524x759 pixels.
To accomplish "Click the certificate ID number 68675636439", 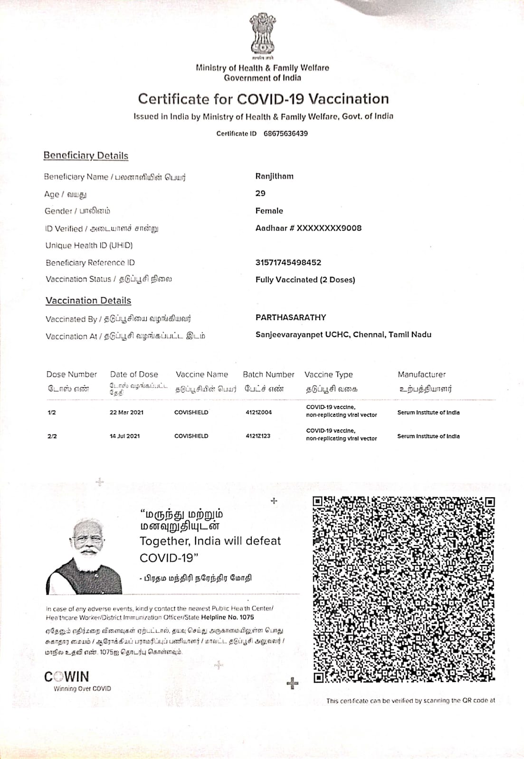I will tap(286, 133).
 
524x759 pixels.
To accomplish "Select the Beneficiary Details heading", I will tap(86, 156).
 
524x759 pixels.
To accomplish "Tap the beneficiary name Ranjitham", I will tap(275, 176).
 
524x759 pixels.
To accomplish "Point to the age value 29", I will tap(260, 194).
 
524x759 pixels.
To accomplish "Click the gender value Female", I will tap(269, 211).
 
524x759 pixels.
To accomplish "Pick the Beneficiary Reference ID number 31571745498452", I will tap(288, 262).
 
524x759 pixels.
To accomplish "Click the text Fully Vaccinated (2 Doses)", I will tap(305, 280).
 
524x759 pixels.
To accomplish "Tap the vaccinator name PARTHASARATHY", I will tap(291, 317).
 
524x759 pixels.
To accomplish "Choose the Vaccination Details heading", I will tap(88, 301).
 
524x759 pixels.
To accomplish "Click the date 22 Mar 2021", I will tap(126, 412).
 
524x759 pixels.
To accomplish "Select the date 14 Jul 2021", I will tap(124, 436).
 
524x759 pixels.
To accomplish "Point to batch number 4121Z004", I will tap(259, 412).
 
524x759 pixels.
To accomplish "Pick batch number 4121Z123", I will tap(258, 436).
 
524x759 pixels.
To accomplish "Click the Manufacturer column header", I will tap(422, 374).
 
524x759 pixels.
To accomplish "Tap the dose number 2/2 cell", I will tap(52, 436).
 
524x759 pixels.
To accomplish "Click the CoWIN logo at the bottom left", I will tap(67, 676).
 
